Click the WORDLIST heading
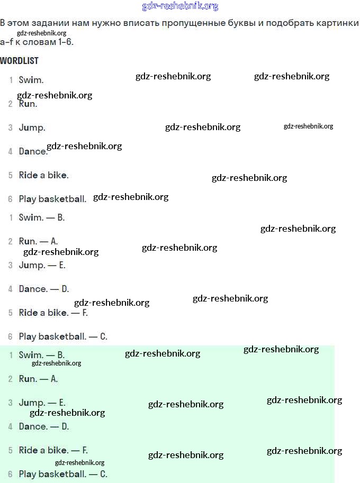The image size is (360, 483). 19,61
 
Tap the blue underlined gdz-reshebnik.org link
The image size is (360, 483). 180,6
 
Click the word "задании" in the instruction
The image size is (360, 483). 51,24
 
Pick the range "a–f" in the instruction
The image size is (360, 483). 7,41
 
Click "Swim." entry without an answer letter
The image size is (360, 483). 31,80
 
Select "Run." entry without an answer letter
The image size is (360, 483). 28,104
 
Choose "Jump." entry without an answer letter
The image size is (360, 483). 32,127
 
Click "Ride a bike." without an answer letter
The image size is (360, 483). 43,175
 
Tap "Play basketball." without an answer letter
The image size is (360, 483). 52,199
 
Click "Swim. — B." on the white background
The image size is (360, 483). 41,217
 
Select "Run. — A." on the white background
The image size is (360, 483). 38,241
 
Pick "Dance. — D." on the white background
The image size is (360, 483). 43,289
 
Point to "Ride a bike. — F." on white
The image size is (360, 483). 53,313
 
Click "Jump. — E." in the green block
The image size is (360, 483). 42,403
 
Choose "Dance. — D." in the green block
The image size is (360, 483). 43,426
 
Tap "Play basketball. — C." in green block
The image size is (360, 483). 62,474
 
